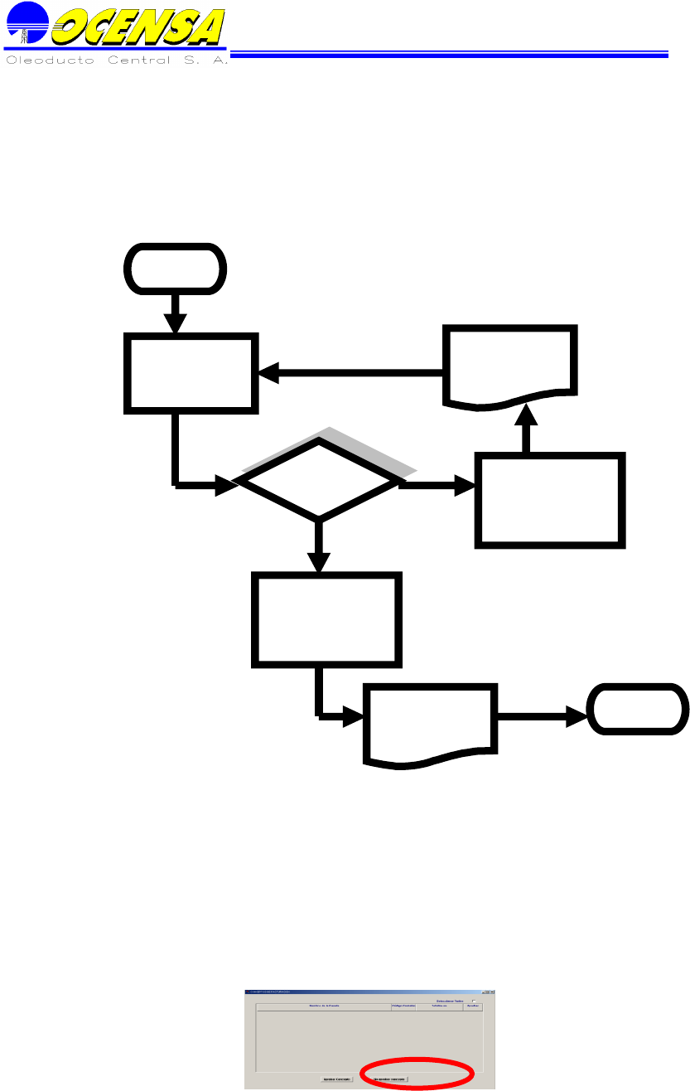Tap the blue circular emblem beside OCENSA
pyautogui.click(x=24, y=23)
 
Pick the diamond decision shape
pyautogui.click(x=318, y=480)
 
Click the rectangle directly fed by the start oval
pyautogui.click(x=191, y=372)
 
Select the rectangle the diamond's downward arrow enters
pyautogui.click(x=326, y=618)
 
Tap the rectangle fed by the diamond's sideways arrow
pyautogui.click(x=550, y=500)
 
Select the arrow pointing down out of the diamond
pyautogui.click(x=318, y=547)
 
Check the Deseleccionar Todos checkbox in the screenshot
pyautogui.click(x=474, y=1001)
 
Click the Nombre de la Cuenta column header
pyautogui.click(x=323, y=1006)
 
